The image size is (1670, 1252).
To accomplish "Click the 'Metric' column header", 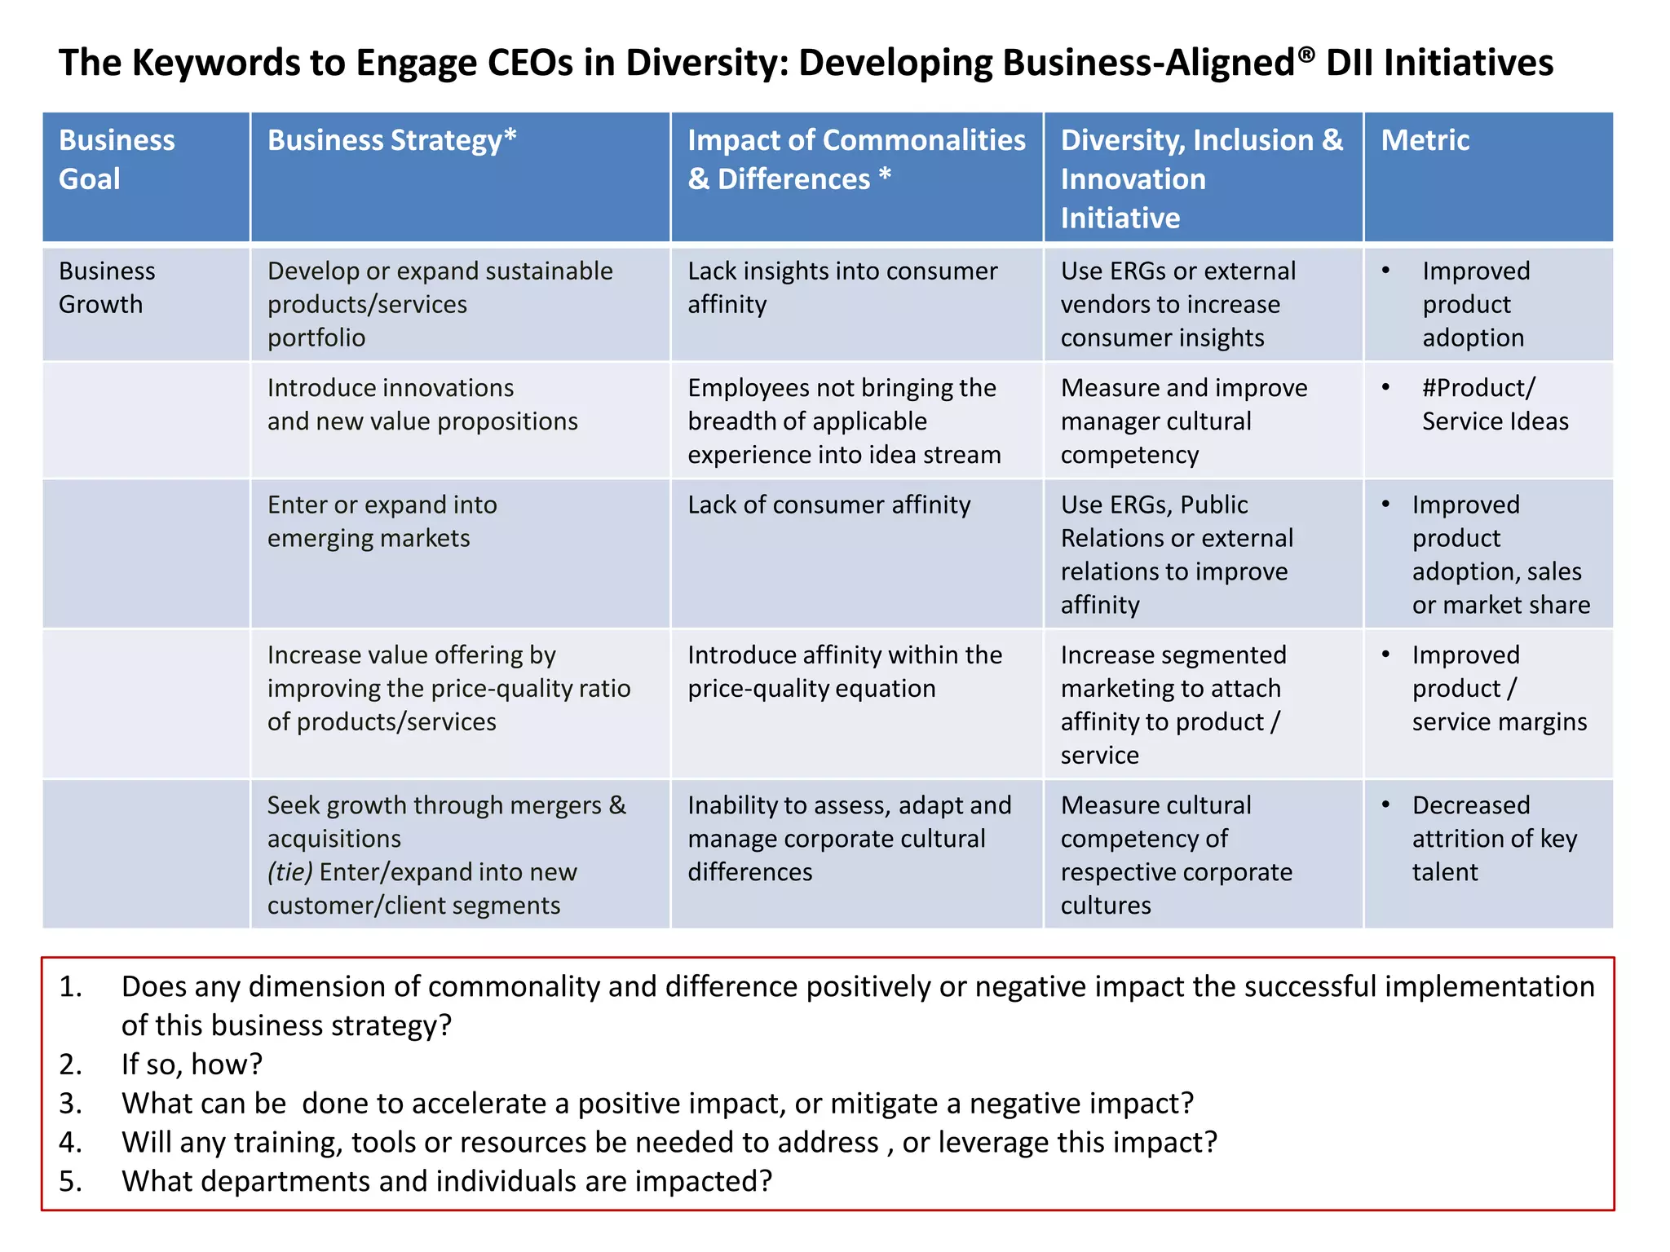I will click(x=1425, y=140).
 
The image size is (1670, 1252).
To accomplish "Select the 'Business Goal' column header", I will click(x=117, y=159).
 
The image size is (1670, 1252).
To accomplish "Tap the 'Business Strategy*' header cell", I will click(x=391, y=140).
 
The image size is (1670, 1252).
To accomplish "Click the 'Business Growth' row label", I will click(x=107, y=287).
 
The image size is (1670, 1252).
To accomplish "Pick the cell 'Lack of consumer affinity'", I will click(x=828, y=505).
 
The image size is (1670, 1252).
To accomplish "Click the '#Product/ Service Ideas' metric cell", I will click(x=1494, y=404).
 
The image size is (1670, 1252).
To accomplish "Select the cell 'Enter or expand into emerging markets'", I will click(x=382, y=521).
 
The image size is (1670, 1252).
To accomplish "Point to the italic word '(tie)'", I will click(x=289, y=872).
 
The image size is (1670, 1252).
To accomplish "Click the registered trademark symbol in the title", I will click(x=1306, y=54).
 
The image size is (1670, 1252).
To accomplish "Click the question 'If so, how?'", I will click(x=192, y=1064).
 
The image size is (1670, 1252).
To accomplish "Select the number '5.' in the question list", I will click(x=70, y=1181).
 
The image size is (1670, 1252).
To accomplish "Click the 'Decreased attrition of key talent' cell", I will click(x=1494, y=838).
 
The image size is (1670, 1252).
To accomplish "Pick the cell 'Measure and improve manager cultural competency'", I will click(x=1183, y=421).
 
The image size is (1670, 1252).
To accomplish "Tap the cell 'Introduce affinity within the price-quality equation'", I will click(x=844, y=671).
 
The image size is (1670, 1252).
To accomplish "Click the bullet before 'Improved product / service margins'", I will click(x=1385, y=654).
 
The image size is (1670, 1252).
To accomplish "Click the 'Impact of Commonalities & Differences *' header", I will click(x=855, y=159).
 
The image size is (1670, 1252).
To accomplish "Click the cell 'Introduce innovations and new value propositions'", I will click(x=422, y=404).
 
